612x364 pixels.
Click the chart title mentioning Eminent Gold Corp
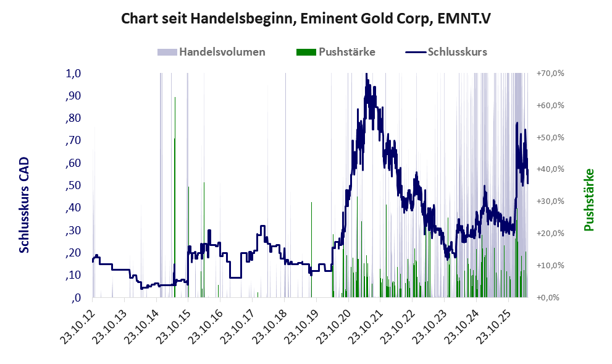pos(306,19)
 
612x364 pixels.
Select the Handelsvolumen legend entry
pos(211,52)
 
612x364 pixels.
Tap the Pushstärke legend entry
pos(336,52)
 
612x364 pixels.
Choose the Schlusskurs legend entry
pos(446,52)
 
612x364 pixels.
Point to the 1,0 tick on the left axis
pos(73,74)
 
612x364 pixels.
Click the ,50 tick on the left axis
pos(73,185)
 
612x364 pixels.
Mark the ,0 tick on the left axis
pos(76,298)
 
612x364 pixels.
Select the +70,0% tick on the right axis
pos(550,74)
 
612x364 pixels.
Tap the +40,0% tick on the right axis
pos(550,169)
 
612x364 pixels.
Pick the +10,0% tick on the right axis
pos(550,265)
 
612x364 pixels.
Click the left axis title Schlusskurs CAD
pos(24,205)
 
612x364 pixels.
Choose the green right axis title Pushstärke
pos(589,200)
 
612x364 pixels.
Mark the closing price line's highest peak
pos(366,74)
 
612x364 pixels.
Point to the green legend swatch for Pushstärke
pos(306,52)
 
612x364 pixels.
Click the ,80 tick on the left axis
pos(73,118)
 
